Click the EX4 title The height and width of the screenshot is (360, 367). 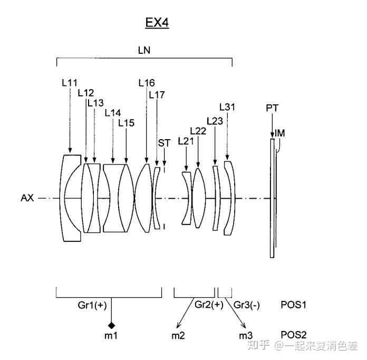[x=157, y=23]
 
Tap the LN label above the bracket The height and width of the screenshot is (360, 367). [x=144, y=50]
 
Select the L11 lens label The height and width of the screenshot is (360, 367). [x=70, y=83]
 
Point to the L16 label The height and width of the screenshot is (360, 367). [x=147, y=83]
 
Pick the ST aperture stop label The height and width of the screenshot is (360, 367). [x=164, y=143]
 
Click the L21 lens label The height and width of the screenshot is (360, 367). [x=186, y=141]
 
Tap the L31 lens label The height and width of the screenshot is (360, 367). [x=227, y=107]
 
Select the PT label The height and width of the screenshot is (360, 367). [x=272, y=108]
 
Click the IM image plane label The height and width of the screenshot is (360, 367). [x=279, y=133]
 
